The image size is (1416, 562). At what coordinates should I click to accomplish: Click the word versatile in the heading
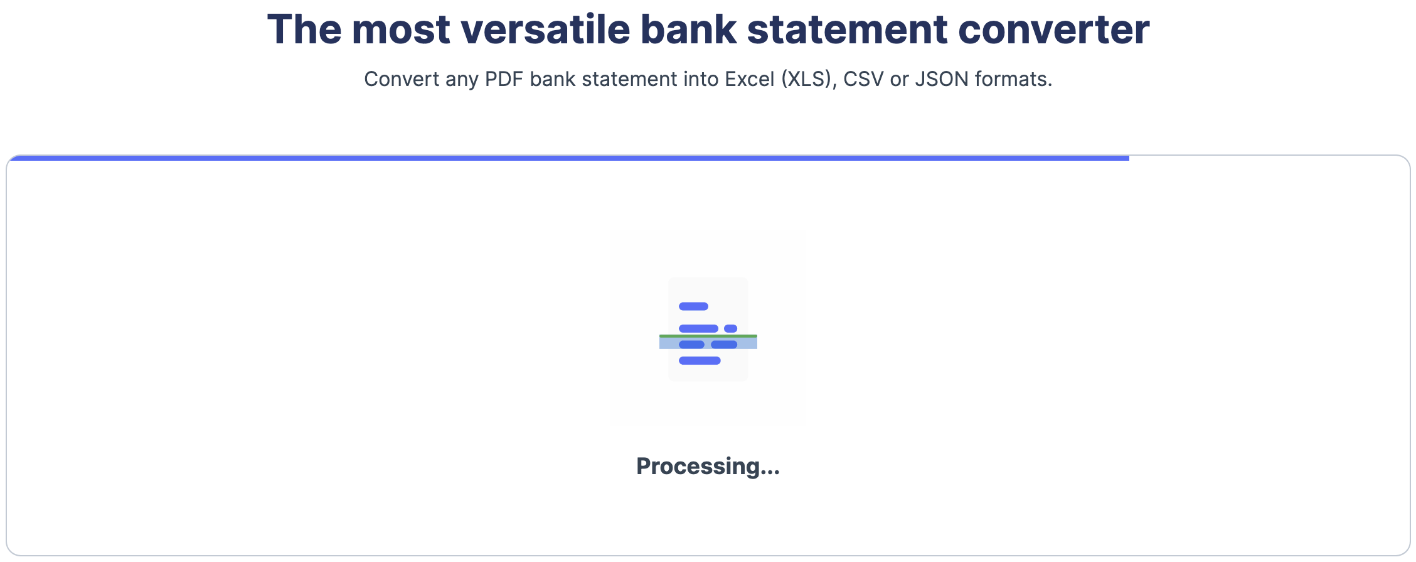(x=545, y=30)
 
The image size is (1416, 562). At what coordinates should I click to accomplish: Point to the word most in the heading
(x=400, y=30)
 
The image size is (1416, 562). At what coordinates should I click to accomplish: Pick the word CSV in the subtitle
(x=863, y=79)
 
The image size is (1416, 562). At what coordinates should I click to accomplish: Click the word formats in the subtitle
(x=1013, y=79)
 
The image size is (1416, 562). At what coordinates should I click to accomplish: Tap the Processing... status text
(x=708, y=467)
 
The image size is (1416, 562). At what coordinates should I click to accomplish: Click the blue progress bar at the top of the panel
(x=565, y=158)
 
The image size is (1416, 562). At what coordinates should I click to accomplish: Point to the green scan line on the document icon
(x=708, y=336)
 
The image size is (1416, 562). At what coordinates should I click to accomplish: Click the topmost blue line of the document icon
(x=693, y=306)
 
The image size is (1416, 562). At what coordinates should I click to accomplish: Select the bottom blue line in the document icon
(x=700, y=360)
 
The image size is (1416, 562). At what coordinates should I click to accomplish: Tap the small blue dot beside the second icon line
(x=730, y=328)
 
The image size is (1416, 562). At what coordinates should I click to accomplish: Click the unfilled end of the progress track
(x=1267, y=158)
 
